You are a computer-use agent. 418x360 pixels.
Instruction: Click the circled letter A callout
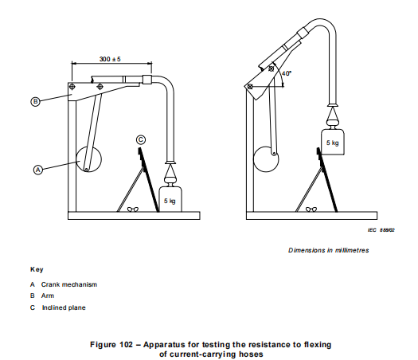click(x=38, y=170)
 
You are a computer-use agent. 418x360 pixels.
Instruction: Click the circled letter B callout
click(x=35, y=102)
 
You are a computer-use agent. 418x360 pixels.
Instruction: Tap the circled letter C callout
click(x=141, y=139)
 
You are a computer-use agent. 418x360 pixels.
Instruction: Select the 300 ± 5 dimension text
click(x=110, y=59)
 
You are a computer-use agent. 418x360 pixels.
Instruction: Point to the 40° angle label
click(x=287, y=73)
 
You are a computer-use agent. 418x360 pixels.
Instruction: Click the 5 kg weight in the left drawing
click(x=170, y=199)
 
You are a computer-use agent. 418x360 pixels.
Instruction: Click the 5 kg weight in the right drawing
click(x=333, y=142)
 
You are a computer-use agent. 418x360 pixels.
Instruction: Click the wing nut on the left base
click(x=133, y=209)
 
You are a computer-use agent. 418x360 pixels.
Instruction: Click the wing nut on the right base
click(x=311, y=209)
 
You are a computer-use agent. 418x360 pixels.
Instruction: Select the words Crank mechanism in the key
click(x=69, y=284)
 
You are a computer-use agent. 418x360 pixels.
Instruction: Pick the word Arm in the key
click(x=48, y=295)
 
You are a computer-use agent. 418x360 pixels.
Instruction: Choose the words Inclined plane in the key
click(x=64, y=307)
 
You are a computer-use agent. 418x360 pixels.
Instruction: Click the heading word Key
click(x=37, y=269)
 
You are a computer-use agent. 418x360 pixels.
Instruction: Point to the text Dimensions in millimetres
click(x=328, y=250)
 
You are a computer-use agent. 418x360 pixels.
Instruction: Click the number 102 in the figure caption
click(x=126, y=345)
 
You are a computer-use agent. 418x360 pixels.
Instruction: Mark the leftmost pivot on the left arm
click(x=72, y=87)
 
